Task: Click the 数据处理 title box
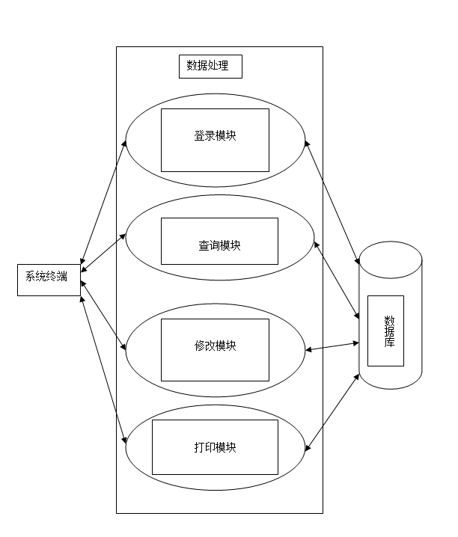point(210,67)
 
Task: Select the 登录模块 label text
point(215,136)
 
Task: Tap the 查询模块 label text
point(219,245)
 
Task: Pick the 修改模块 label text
point(215,346)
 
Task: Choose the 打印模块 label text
point(215,447)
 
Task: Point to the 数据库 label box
point(385,331)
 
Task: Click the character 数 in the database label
point(389,319)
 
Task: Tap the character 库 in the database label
point(389,343)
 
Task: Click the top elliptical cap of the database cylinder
point(390,260)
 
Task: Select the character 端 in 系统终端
point(61,277)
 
